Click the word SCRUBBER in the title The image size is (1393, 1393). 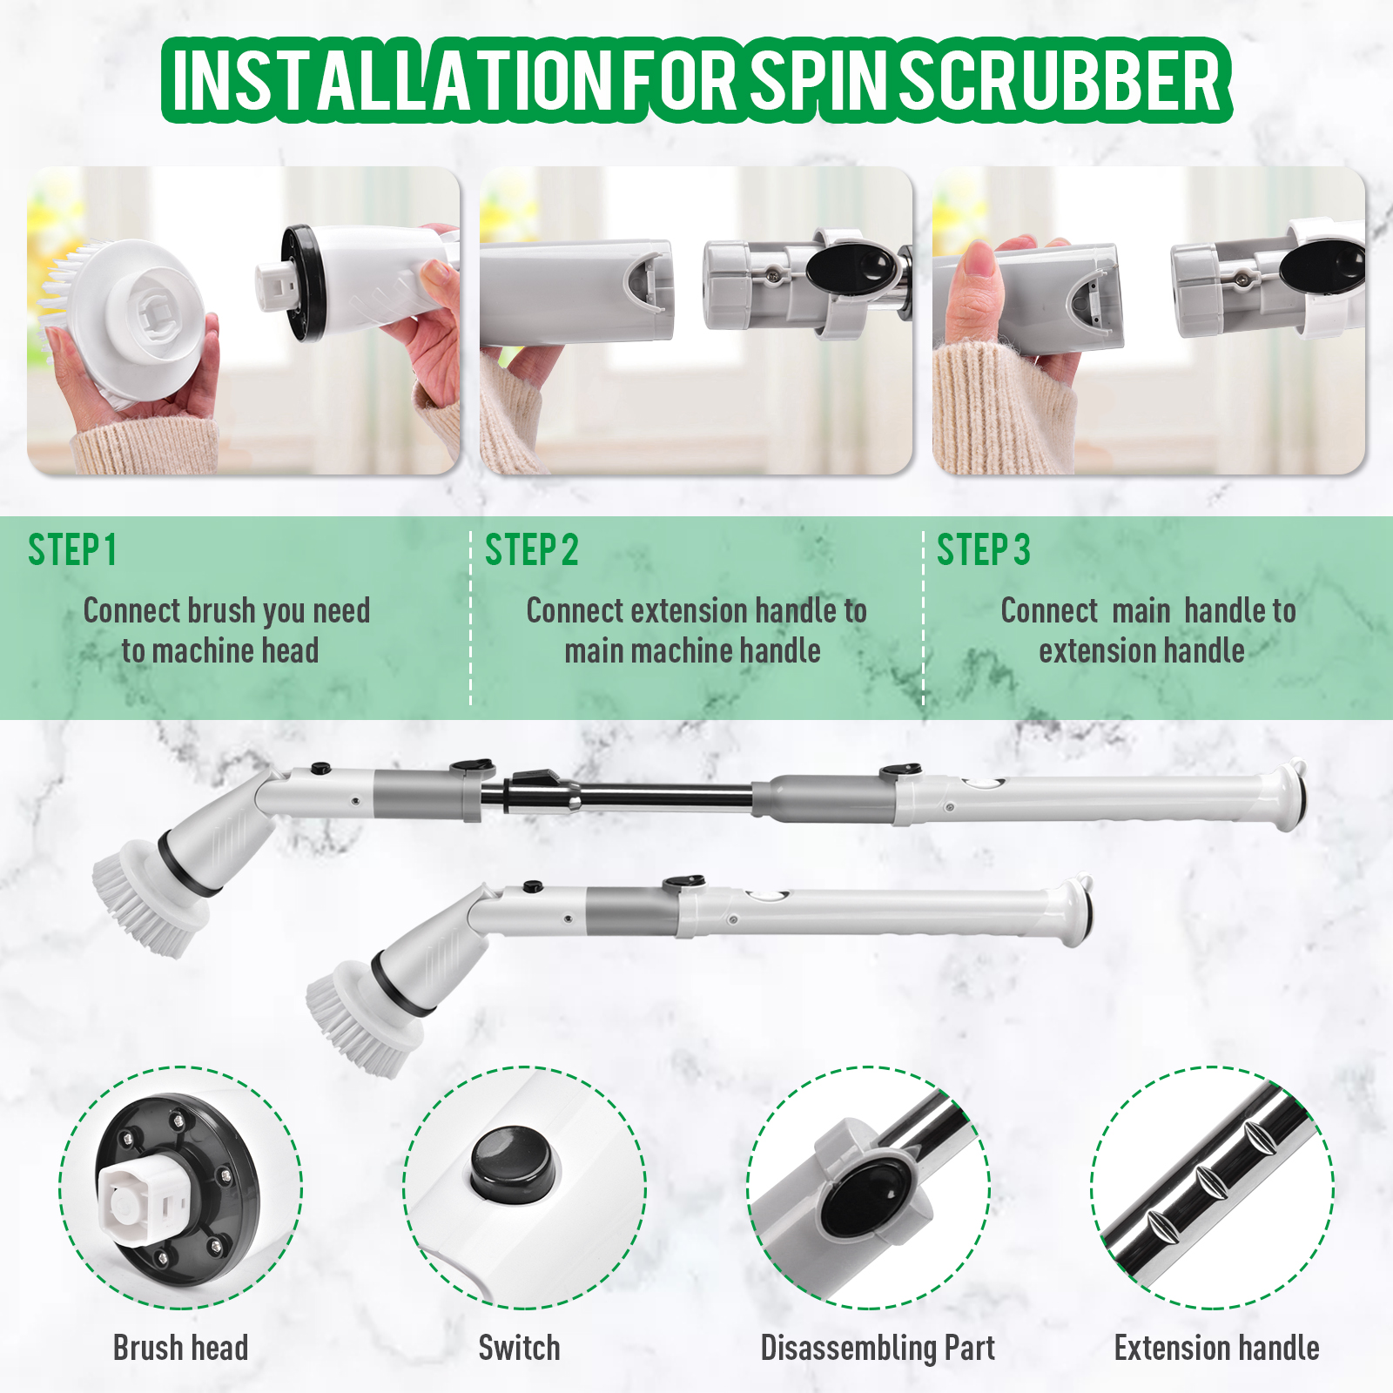pos(1060,80)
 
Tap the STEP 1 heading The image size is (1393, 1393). pos(72,550)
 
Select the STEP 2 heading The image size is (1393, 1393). pos(531,550)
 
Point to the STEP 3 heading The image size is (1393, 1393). pos(983,550)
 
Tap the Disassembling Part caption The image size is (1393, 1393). pos(878,1348)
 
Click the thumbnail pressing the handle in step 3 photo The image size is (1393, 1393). pos(979,259)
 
